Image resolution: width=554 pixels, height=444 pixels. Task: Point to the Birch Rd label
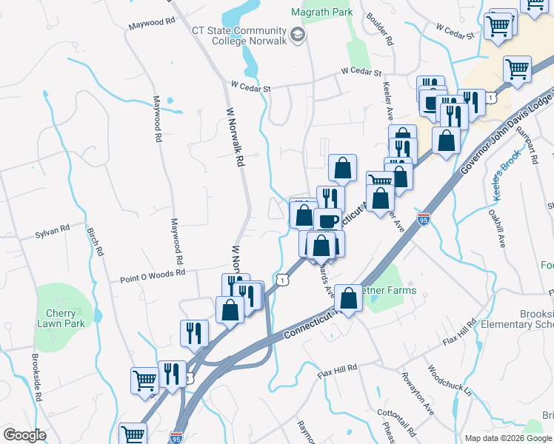tap(96, 241)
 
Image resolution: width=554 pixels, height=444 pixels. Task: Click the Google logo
tap(24, 434)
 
